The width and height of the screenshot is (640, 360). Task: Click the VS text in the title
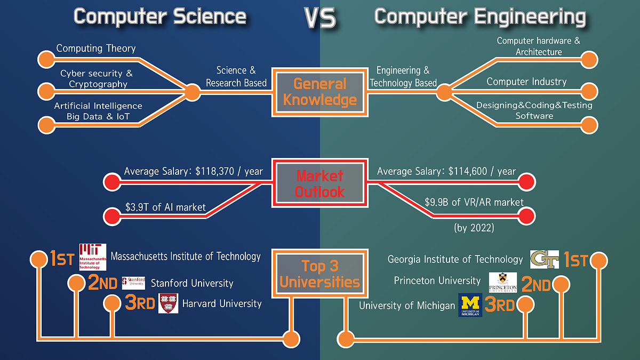click(321, 18)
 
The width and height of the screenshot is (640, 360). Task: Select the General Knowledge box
click(319, 91)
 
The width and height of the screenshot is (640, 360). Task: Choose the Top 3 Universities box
click(319, 274)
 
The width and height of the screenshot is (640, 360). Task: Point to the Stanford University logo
click(133, 283)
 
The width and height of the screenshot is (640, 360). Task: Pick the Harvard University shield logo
click(169, 303)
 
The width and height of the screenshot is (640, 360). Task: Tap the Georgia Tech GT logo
click(544, 259)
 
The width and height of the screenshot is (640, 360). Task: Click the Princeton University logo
click(502, 282)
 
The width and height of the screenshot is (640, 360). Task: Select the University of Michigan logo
click(470, 305)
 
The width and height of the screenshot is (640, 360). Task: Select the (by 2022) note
click(474, 228)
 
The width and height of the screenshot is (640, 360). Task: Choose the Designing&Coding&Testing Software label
click(534, 110)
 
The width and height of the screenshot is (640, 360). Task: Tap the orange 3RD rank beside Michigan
click(500, 305)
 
